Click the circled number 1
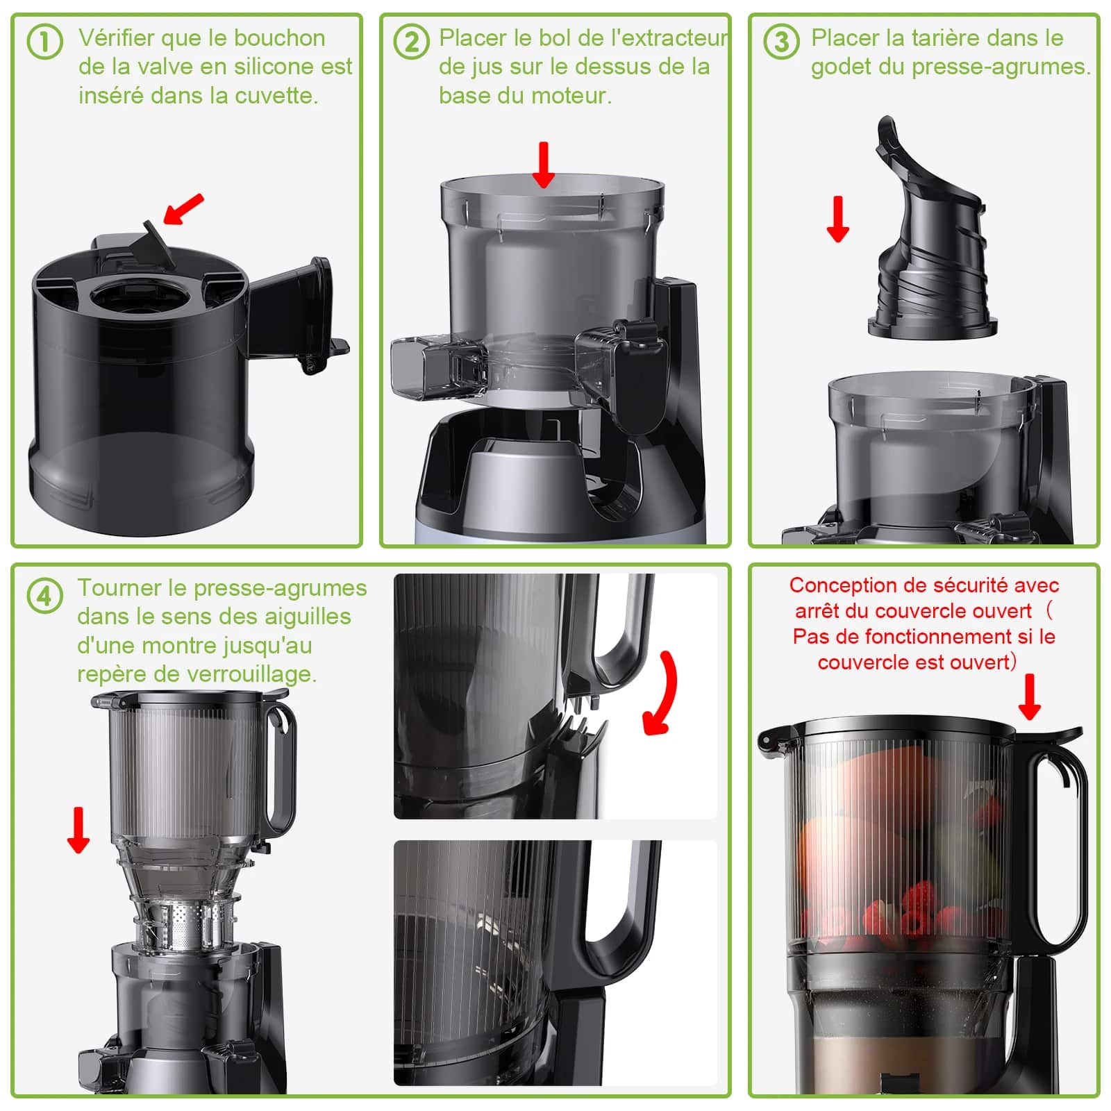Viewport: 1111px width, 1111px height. pyautogui.click(x=44, y=42)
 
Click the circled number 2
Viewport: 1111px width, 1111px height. pyautogui.click(x=411, y=42)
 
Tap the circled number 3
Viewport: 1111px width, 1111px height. pyautogui.click(x=780, y=42)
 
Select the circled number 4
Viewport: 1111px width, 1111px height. pyautogui.click(x=44, y=596)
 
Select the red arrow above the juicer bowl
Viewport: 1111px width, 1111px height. pyautogui.click(x=544, y=165)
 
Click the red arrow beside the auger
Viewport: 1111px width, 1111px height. pyautogui.click(x=838, y=219)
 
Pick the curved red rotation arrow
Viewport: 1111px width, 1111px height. pyautogui.click(x=660, y=694)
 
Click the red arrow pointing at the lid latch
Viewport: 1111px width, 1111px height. pyautogui.click(x=1029, y=696)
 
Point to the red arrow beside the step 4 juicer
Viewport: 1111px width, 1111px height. pyautogui.click(x=78, y=830)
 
